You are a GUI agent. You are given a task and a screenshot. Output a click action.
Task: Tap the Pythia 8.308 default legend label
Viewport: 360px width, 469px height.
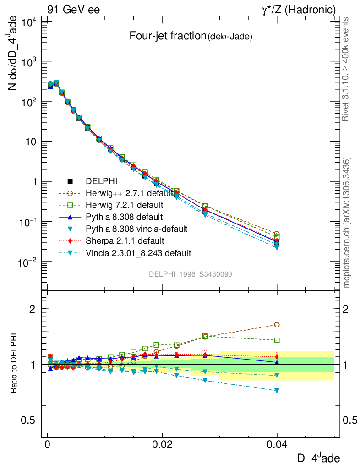pyautogui.click(x=124, y=216)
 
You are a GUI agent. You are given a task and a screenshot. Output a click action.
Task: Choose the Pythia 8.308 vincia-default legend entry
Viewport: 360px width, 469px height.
pyautogui.click(x=136, y=228)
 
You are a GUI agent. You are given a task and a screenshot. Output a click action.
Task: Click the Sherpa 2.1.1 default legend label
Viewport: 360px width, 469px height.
pyautogui.click(x=124, y=240)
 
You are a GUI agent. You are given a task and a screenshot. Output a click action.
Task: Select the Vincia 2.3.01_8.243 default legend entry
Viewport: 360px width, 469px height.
pyautogui.click(x=138, y=252)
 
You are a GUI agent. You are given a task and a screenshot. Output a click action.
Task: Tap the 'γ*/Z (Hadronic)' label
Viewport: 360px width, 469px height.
pyautogui.click(x=298, y=10)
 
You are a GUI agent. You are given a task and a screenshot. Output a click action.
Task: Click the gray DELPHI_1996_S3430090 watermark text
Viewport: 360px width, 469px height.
pyautogui.click(x=190, y=274)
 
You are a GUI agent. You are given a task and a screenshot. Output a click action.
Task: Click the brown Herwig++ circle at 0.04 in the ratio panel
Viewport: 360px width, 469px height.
pyautogui.click(x=277, y=325)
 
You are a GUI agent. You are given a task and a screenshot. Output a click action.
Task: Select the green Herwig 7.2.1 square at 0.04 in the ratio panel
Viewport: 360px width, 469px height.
pyautogui.click(x=277, y=340)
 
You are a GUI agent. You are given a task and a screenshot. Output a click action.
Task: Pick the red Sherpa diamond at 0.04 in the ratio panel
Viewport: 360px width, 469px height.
pyautogui.click(x=277, y=356)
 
